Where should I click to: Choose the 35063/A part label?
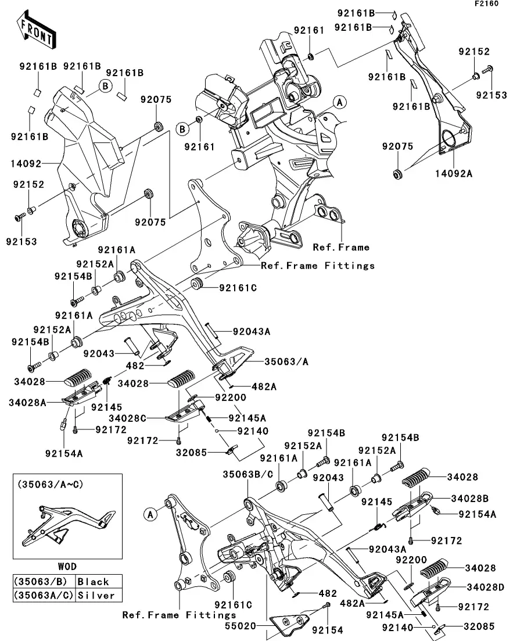(x=287, y=361)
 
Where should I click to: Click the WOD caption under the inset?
(x=67, y=566)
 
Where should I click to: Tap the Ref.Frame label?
(x=341, y=248)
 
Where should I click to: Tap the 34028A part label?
(x=28, y=402)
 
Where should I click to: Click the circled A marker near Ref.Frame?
(x=340, y=102)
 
